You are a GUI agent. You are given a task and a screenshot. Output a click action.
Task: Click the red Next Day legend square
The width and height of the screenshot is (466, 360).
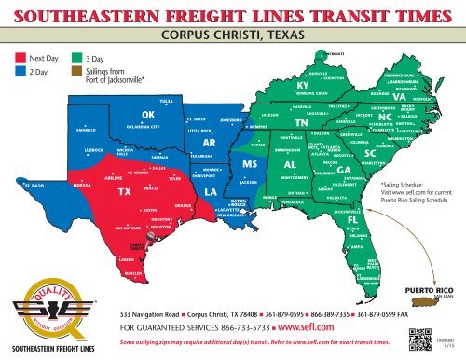click(x=21, y=58)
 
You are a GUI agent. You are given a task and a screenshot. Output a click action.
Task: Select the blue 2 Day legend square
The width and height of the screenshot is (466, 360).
click(x=21, y=71)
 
